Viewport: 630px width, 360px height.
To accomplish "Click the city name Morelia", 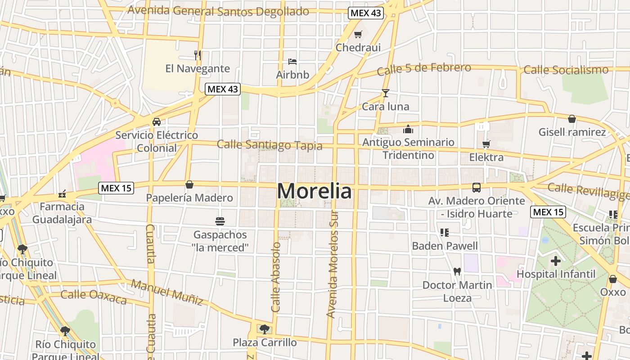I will pos(314,191).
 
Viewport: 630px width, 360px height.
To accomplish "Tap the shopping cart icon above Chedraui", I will pos(358,35).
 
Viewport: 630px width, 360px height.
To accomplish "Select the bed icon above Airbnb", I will pos(292,61).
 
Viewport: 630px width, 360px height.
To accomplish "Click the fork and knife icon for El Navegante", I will pos(197,55).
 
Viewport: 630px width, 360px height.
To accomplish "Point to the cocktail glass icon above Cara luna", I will pos(385,93).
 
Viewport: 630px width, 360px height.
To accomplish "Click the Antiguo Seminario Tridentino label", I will pos(408,148).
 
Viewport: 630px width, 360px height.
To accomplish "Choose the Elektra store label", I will pos(486,157).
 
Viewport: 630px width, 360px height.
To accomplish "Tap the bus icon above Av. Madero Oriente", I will pos(476,188).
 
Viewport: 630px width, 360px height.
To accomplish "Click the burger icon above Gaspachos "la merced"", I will pos(220,221).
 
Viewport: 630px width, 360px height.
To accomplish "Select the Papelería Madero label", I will pos(189,198).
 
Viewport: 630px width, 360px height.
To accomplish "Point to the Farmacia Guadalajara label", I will pos(62,213).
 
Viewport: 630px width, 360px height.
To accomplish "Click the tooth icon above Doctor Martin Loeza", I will pos(457,271).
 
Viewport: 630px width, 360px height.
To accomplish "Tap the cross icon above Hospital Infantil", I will pos(556,261).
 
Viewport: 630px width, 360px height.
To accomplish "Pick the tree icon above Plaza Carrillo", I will pos(264,329).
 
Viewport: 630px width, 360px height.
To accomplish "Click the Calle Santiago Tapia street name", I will pos(270,145).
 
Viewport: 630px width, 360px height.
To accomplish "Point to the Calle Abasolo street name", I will pos(276,277).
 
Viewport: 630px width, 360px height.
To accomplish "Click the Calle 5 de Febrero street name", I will pos(424,69).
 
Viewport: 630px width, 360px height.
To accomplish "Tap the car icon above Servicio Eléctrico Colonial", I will pos(156,122).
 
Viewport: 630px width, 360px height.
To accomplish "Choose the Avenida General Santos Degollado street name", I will pos(218,11).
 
